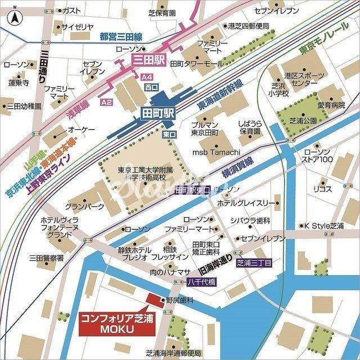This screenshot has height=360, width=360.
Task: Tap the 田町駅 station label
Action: (158, 113)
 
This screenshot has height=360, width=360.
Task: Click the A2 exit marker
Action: (106, 102)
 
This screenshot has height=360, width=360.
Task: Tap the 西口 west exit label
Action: (151, 88)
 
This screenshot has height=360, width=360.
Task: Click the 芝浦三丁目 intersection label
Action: (254, 263)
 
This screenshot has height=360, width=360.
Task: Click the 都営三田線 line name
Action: (120, 37)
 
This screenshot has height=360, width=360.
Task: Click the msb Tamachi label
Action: (217, 152)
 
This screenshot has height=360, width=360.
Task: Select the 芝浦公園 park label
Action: (303, 120)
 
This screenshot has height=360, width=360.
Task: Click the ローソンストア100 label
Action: (318, 156)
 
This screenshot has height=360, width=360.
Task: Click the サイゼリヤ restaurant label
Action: (77, 26)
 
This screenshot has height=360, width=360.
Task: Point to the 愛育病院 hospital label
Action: (331, 105)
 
